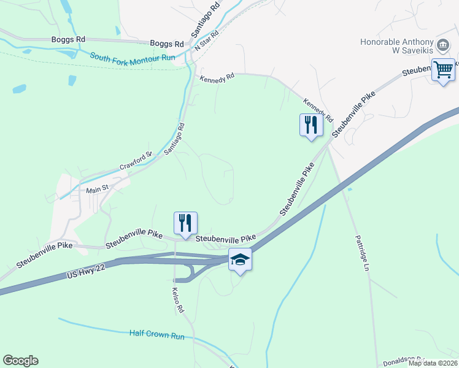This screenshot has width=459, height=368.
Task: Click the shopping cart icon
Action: pos(443,69)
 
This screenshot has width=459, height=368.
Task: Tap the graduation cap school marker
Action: pos(240,260)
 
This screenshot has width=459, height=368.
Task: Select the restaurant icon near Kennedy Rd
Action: pos(311,125)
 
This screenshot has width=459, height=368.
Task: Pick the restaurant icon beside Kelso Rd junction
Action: pos(185,223)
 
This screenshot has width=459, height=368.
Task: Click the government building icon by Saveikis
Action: pos(442,45)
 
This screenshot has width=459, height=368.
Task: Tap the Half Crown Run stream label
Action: pos(157,335)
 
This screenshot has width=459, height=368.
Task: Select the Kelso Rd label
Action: pos(178,300)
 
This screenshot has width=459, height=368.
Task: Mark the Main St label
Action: pos(96,190)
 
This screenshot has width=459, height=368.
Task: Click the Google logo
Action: pos(20,361)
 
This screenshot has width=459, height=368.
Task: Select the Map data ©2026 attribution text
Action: pos(433,363)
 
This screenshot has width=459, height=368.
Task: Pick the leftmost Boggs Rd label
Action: pos(69,39)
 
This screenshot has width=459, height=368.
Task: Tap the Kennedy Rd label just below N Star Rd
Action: pos(217,79)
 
